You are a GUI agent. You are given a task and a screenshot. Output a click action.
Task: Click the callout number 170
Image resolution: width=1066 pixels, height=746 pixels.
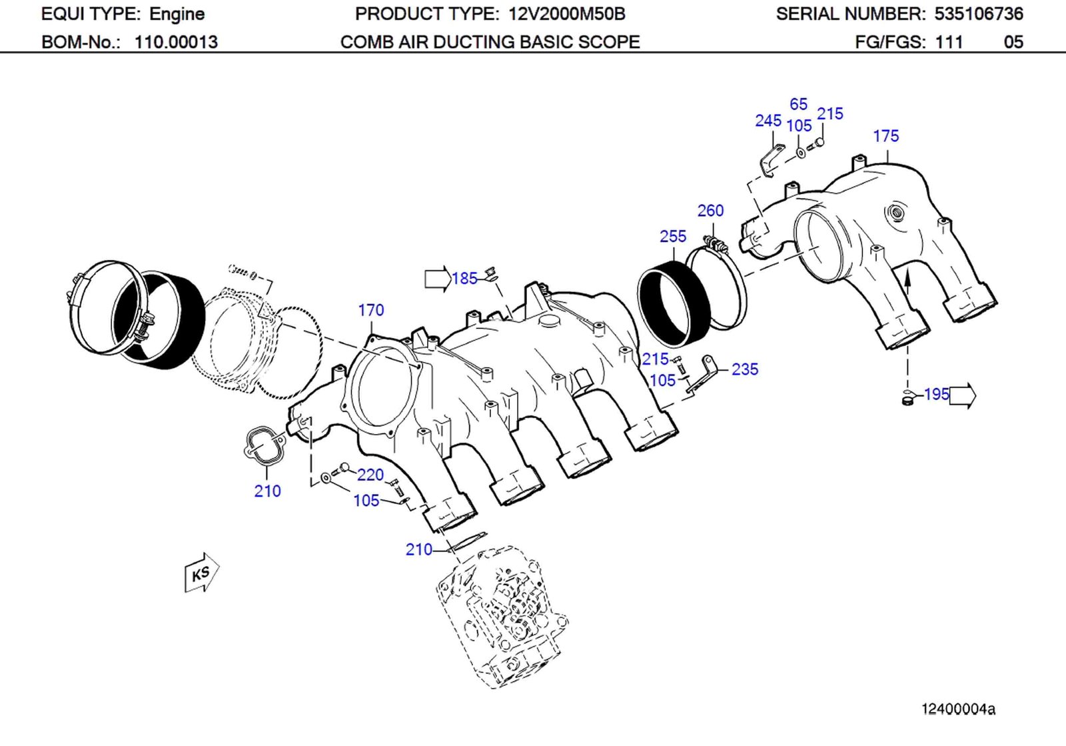pyautogui.click(x=370, y=310)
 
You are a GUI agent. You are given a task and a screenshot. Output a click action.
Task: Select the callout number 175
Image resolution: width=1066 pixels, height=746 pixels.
pyautogui.click(x=885, y=136)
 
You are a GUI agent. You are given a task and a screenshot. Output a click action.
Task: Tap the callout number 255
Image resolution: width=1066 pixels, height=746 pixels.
pyautogui.click(x=672, y=236)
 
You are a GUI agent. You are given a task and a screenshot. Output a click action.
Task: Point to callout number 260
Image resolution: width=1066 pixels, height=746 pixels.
pyautogui.click(x=710, y=211)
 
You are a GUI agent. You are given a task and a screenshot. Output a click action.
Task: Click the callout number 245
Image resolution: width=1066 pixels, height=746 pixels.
pyautogui.click(x=768, y=121)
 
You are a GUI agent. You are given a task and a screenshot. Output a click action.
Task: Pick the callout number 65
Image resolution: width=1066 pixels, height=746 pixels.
pyautogui.click(x=798, y=104)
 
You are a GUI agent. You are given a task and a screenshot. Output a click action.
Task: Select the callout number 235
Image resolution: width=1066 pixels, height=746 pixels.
pyautogui.click(x=744, y=369)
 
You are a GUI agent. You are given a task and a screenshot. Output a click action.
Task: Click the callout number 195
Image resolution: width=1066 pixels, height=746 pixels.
pyautogui.click(x=936, y=394)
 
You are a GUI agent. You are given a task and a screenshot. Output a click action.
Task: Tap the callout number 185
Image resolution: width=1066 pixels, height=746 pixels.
pyautogui.click(x=464, y=278)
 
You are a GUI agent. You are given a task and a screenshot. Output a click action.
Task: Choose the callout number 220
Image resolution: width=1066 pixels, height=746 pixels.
pyautogui.click(x=370, y=475)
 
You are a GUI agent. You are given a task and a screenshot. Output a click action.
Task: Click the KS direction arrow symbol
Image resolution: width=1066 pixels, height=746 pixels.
pyautogui.click(x=201, y=573)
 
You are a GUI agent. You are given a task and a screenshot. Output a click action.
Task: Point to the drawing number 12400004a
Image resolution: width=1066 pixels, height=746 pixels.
pyautogui.click(x=957, y=709)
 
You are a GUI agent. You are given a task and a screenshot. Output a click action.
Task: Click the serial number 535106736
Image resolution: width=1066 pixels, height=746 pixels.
pyautogui.click(x=978, y=14)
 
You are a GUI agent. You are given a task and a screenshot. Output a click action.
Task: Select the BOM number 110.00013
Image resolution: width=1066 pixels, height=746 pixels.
pyautogui.click(x=176, y=42)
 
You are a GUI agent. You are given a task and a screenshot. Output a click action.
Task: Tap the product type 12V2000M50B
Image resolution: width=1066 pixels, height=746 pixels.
pyautogui.click(x=566, y=14)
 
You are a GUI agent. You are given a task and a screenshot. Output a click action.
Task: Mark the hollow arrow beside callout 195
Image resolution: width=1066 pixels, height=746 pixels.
pyautogui.click(x=962, y=395)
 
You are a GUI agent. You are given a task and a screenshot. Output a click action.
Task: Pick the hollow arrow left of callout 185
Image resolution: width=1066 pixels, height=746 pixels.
pyautogui.click(x=437, y=278)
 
